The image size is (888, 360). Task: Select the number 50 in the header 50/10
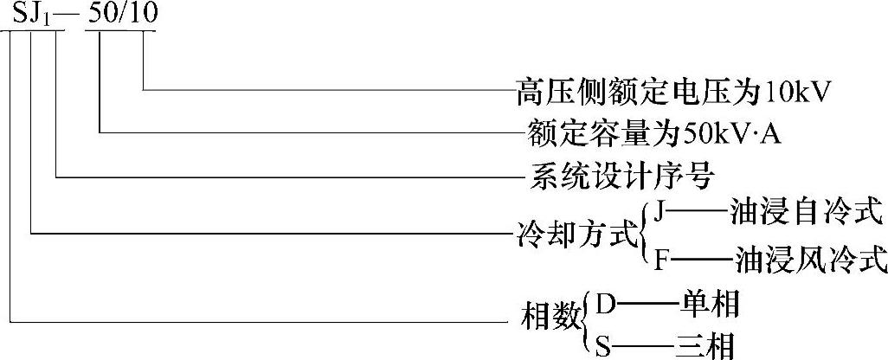pyautogui.click(x=105, y=15)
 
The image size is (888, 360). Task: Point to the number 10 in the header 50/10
pyautogui.click(x=144, y=15)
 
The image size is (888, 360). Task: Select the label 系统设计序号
pyautogui.click(x=621, y=177)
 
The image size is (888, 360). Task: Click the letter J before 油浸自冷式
pyautogui.click(x=662, y=210)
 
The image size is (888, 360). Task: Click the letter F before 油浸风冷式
pyautogui.click(x=662, y=258)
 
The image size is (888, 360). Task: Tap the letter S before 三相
pyautogui.click(x=603, y=346)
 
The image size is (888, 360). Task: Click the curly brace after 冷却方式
pyautogui.click(x=645, y=234)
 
